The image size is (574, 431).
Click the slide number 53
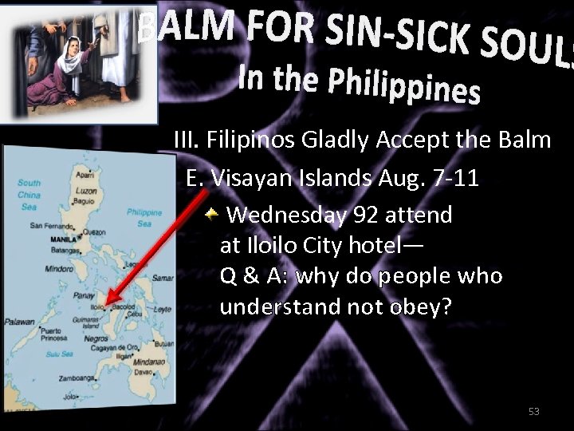(x=533, y=412)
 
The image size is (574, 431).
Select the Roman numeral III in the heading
(x=187, y=141)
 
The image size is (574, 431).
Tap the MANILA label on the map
(x=63, y=239)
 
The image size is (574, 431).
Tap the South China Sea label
(x=29, y=195)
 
